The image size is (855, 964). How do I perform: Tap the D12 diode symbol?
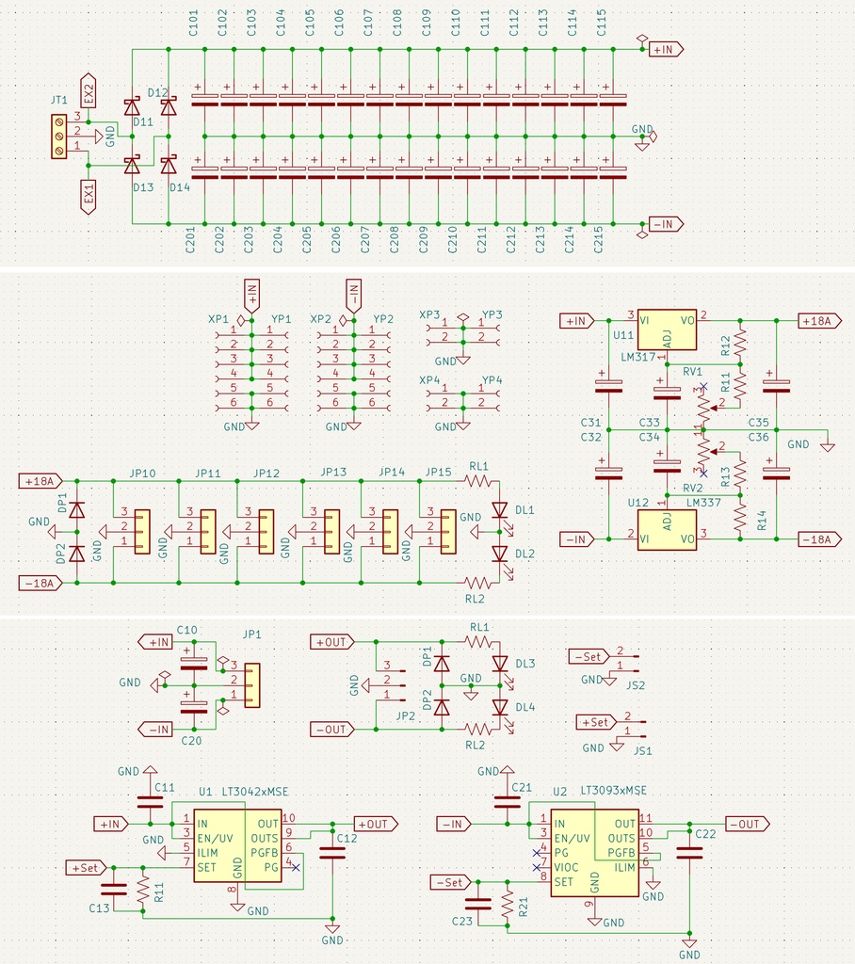pos(168,107)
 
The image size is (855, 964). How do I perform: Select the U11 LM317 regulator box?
pos(666,329)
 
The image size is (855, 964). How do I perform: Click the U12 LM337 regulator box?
pos(666,529)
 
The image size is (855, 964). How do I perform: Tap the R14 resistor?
pos(740,519)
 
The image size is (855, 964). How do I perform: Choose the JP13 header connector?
pos(331,532)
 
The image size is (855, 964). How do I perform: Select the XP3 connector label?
pos(429,314)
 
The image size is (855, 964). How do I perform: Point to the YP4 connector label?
pos(492,380)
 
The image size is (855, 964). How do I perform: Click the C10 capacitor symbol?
pos(194,662)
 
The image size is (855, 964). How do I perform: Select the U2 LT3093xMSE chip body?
pos(594,853)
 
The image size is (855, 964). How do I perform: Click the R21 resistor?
pos(508,905)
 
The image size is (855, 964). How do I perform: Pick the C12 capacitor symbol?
pos(331,853)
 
